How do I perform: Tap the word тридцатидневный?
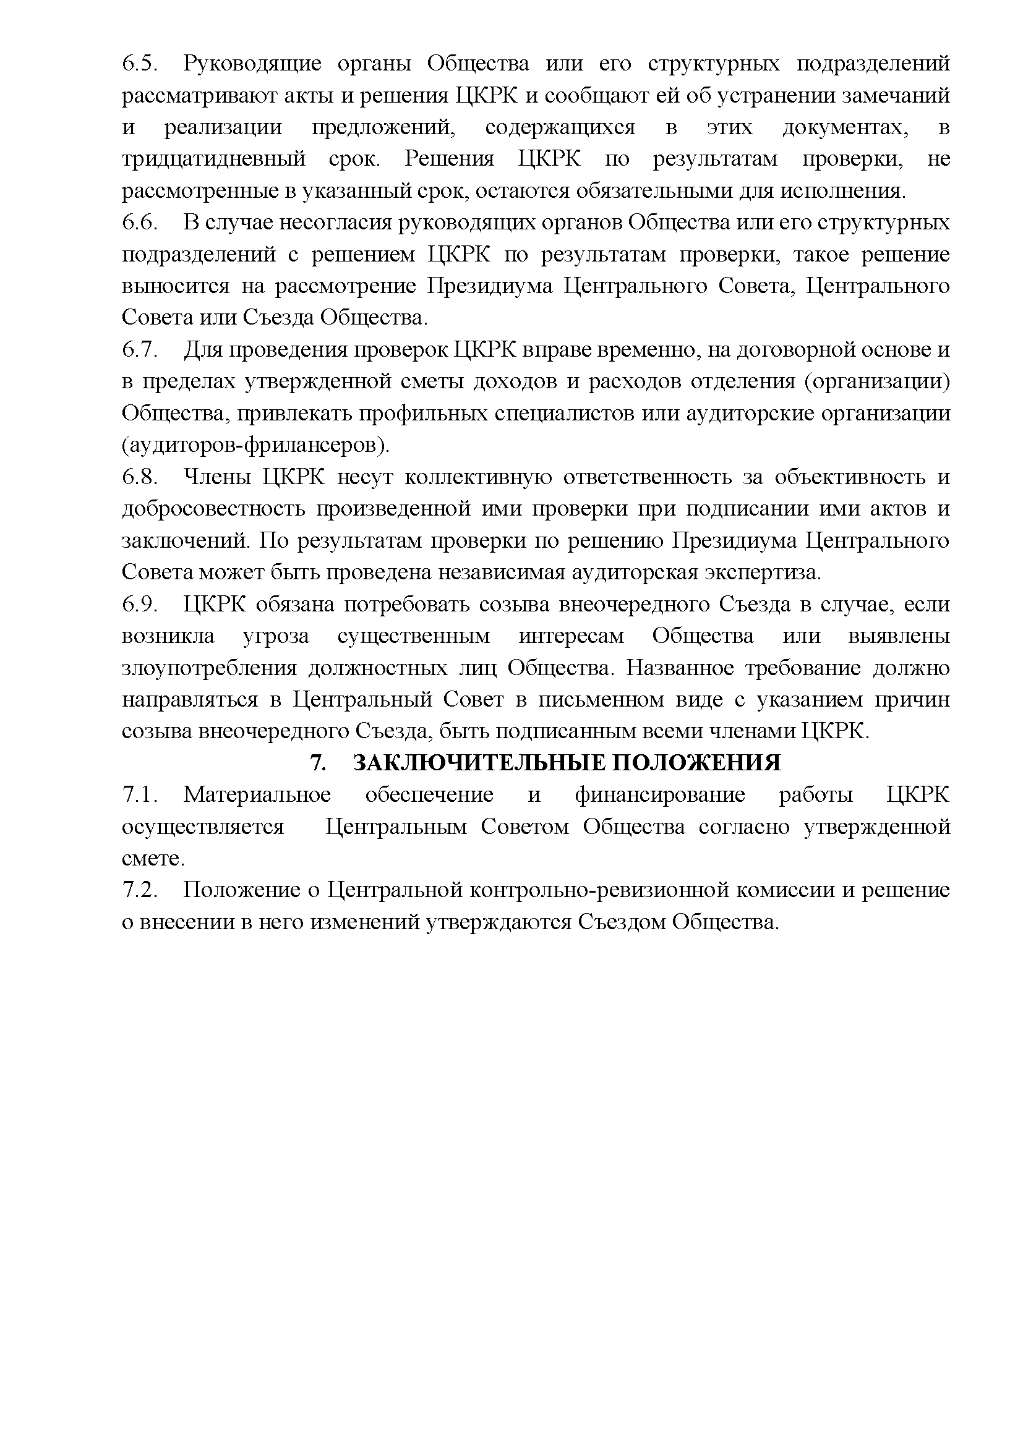(213, 159)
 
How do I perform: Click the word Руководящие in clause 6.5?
(252, 64)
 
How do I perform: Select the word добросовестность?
(213, 509)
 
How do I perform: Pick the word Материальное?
(257, 795)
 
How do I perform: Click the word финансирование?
(659, 795)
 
